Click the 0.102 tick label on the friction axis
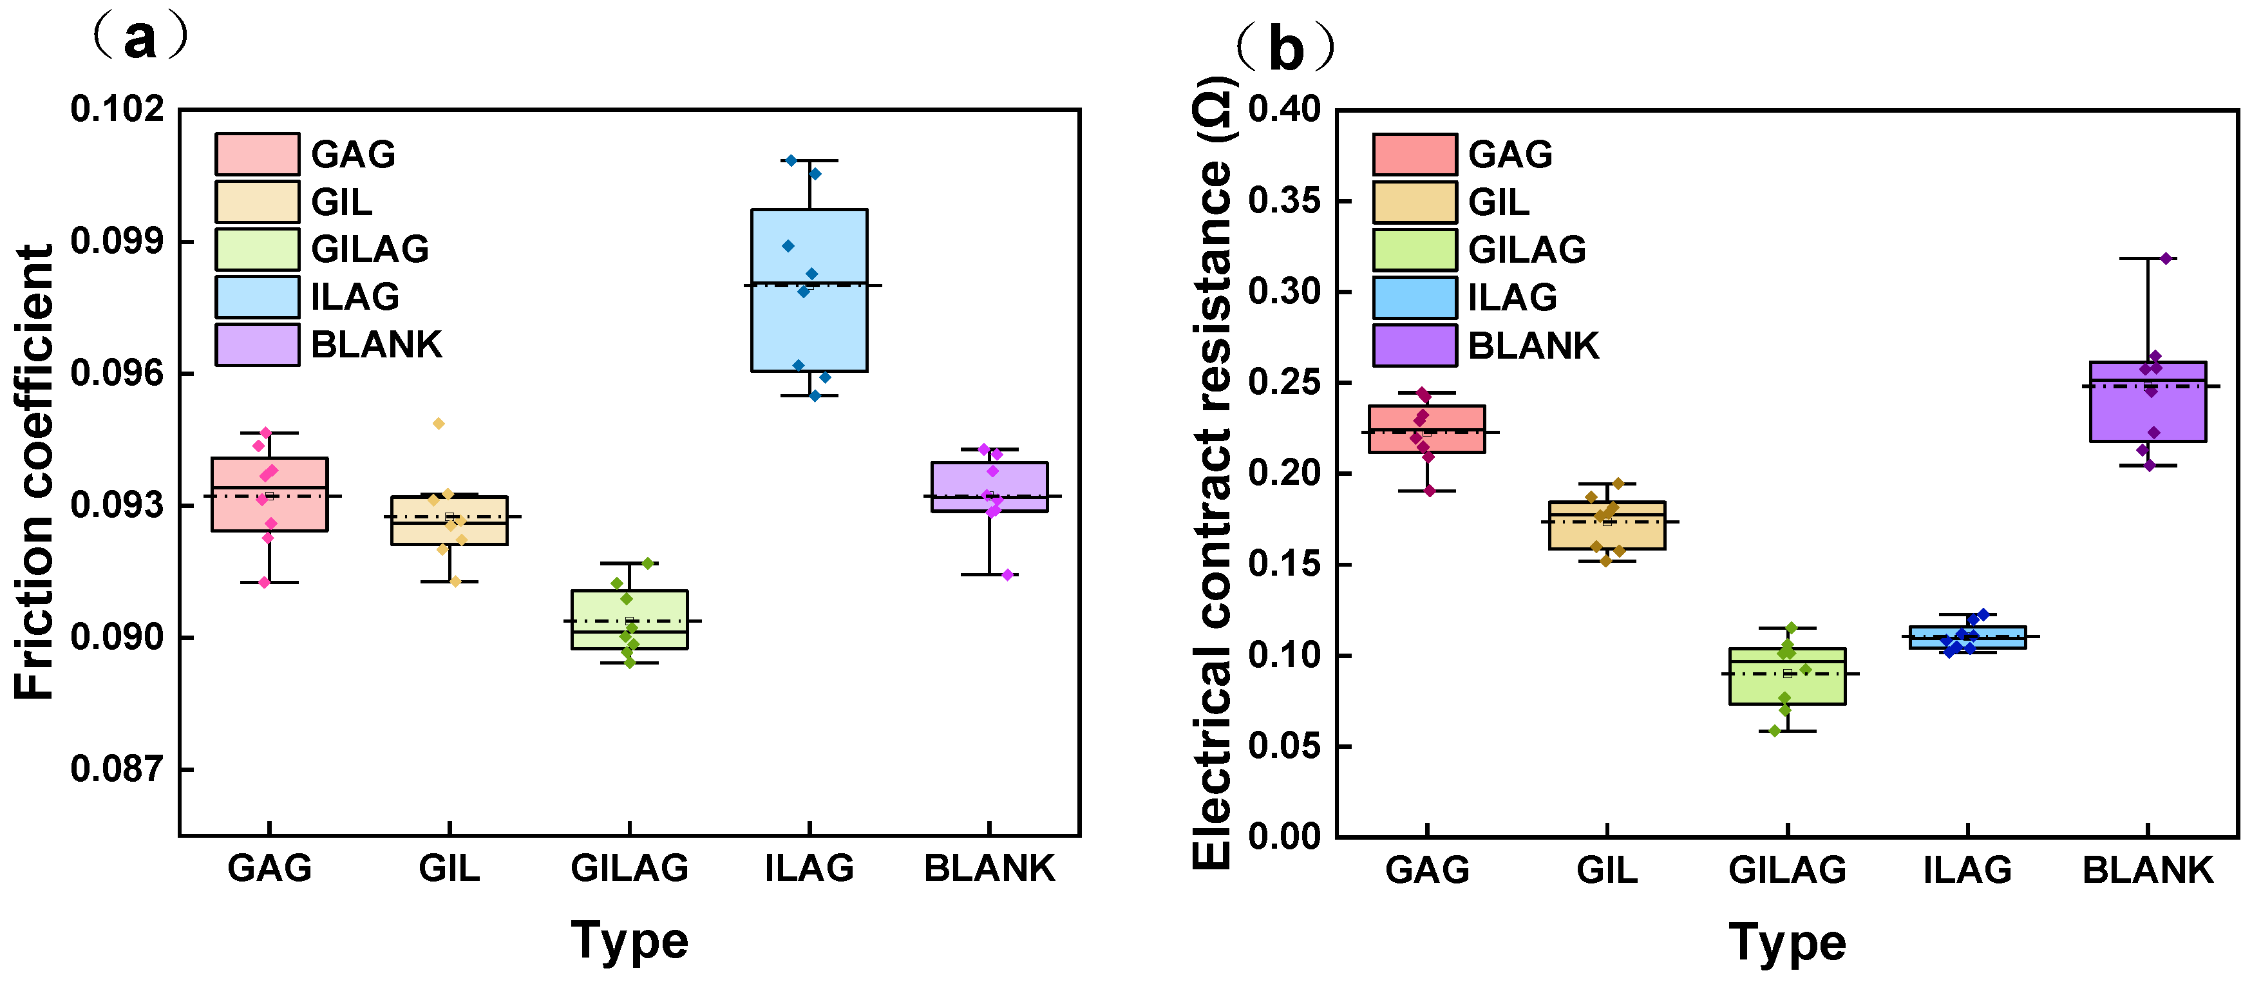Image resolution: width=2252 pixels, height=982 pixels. [x=117, y=109]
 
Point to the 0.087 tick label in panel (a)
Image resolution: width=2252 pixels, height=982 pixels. [x=117, y=770]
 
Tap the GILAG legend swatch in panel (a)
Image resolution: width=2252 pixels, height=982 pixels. [x=257, y=249]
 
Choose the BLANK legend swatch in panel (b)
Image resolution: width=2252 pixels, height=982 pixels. [x=1414, y=345]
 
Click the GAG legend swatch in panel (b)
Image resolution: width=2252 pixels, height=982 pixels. [x=1414, y=155]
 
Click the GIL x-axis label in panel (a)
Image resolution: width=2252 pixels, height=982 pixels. [x=449, y=868]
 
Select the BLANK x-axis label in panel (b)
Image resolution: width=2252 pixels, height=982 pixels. [x=2147, y=870]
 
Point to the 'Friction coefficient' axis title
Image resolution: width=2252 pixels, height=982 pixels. [x=35, y=472]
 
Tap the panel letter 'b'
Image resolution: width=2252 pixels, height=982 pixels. [x=1286, y=50]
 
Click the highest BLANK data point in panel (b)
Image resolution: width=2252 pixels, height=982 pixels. [x=2166, y=259]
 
